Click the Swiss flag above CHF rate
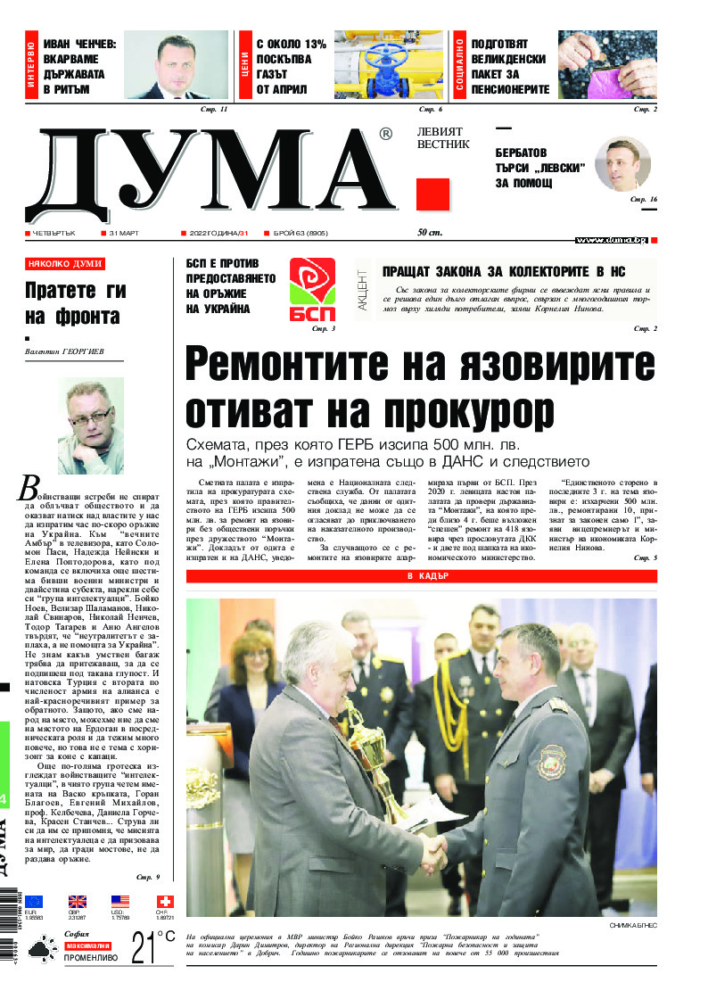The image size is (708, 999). (x=165, y=902)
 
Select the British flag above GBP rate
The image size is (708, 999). (x=78, y=902)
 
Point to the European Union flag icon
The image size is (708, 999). (x=34, y=902)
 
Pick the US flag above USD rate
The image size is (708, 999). (x=121, y=902)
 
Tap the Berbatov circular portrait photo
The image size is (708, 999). (x=622, y=164)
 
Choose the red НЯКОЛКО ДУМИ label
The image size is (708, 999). (x=65, y=264)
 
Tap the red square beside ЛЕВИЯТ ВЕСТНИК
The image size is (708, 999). (x=432, y=194)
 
